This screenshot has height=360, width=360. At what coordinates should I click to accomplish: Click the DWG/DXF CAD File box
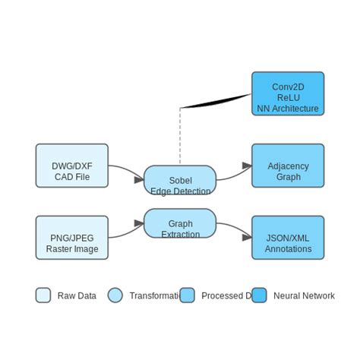click(x=72, y=166)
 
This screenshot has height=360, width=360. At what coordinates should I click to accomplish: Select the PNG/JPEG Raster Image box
click(x=72, y=238)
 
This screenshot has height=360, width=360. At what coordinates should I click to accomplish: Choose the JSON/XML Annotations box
click(x=288, y=238)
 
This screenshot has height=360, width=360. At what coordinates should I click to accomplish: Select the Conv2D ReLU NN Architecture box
click(x=288, y=93)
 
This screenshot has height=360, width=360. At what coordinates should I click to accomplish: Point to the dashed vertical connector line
click(x=180, y=137)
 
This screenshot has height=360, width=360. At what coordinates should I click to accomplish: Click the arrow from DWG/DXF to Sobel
click(x=125, y=171)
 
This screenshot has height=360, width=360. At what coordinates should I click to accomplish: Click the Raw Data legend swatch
click(x=43, y=295)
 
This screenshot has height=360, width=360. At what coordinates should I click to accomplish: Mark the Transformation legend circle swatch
click(x=115, y=295)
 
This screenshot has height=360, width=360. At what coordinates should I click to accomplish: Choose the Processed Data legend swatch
click(x=187, y=295)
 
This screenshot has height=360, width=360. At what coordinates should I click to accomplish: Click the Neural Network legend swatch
click(x=259, y=295)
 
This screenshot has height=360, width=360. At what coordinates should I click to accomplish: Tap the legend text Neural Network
click(x=304, y=295)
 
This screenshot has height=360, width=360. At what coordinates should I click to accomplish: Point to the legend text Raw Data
click(x=77, y=295)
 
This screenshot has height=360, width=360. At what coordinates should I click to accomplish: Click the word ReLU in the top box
click(x=288, y=97)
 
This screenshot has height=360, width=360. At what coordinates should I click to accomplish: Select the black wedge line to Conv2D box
click(x=216, y=101)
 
